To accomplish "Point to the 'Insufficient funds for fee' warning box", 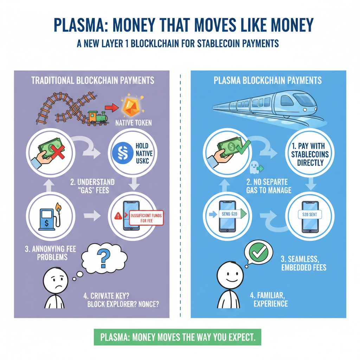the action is point(146,218).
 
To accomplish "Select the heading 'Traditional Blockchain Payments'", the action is point(92,80).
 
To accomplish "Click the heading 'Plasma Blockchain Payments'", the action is point(268,80).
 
